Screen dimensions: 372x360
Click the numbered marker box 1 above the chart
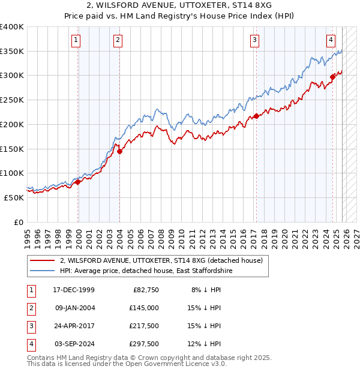point(77,40)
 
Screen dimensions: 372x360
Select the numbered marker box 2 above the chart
point(118,40)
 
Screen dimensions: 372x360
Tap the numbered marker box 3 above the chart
point(255,40)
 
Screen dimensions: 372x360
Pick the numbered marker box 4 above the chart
point(331,40)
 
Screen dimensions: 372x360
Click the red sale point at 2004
point(119,152)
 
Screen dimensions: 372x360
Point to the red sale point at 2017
point(256,116)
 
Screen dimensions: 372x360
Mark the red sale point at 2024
point(332,77)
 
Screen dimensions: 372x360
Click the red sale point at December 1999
point(78,182)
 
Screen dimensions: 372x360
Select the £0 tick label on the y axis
point(19,222)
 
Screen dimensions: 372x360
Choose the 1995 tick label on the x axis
point(27,236)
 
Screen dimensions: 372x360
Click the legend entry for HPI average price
point(146,271)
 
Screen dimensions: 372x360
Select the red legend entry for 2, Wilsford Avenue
point(161,261)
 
